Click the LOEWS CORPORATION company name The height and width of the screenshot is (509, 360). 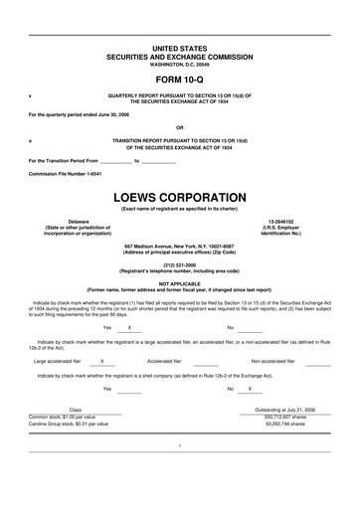click(x=180, y=198)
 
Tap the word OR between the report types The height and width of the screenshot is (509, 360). click(x=180, y=127)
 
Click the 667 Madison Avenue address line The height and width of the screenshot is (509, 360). click(x=180, y=245)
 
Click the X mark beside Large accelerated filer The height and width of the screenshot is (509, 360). click(x=102, y=361)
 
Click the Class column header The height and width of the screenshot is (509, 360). click(x=76, y=409)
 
